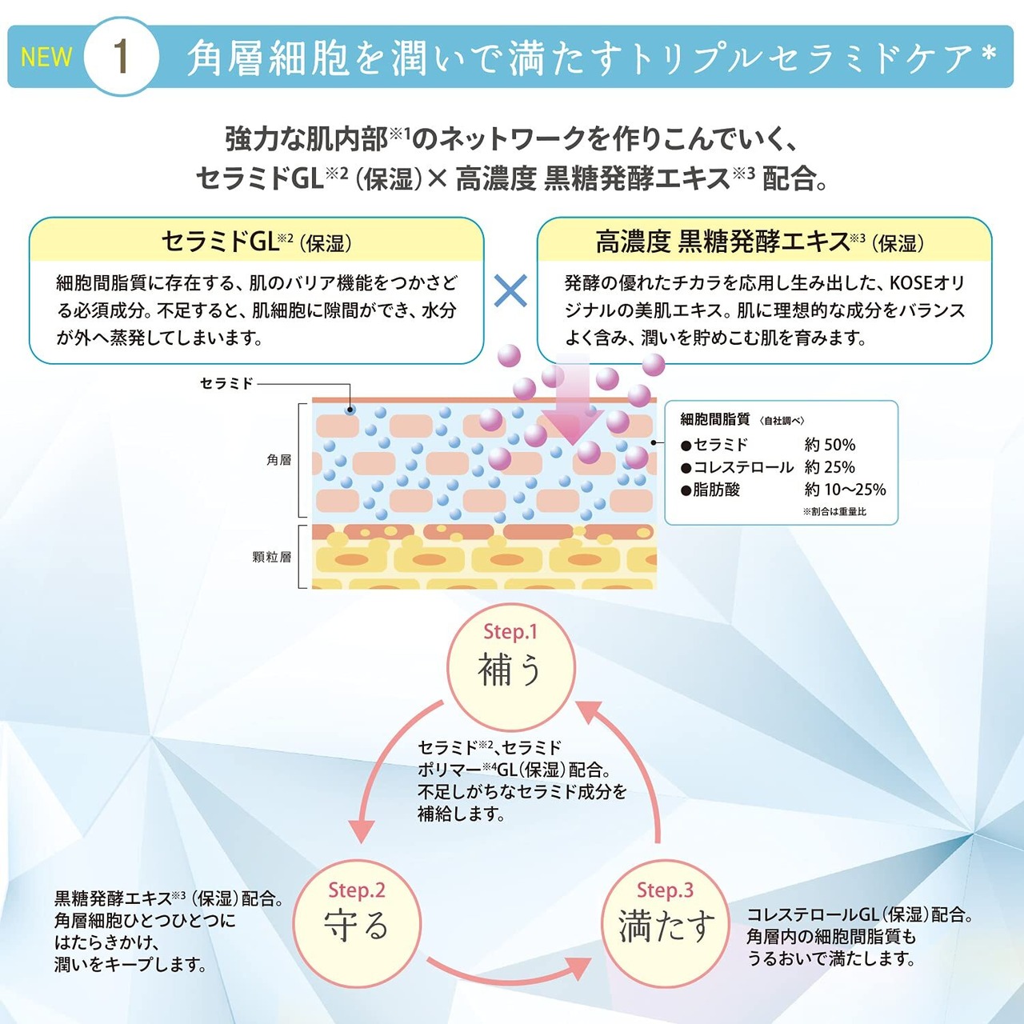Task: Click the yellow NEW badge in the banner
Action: click(x=46, y=57)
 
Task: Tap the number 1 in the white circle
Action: click(x=122, y=57)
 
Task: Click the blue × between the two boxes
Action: click(x=510, y=290)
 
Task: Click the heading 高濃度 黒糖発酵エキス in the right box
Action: click(x=722, y=242)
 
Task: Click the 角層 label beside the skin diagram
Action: click(x=278, y=460)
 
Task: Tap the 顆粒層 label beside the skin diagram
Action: click(x=272, y=557)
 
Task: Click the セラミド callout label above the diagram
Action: click(x=226, y=383)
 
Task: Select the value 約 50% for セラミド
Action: click(x=830, y=444)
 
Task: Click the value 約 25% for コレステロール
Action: click(x=830, y=467)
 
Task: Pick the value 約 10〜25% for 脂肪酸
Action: click(x=845, y=490)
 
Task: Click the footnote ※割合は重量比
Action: click(x=834, y=512)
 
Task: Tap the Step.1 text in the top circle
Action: click(x=510, y=632)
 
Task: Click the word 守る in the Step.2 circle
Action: click(x=356, y=925)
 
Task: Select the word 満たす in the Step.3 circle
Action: click(x=666, y=925)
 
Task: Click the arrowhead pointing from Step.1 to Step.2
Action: click(x=361, y=830)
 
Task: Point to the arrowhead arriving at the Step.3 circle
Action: click(x=579, y=968)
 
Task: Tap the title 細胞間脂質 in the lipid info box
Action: click(x=714, y=419)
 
